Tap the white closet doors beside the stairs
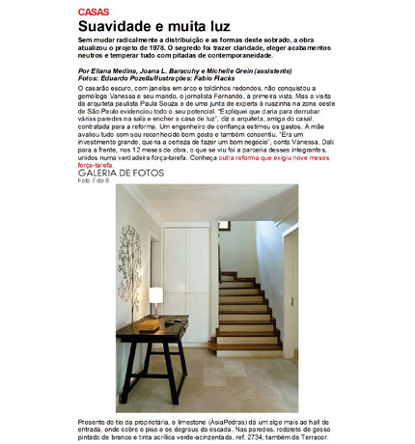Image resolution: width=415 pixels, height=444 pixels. pos(190,265)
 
